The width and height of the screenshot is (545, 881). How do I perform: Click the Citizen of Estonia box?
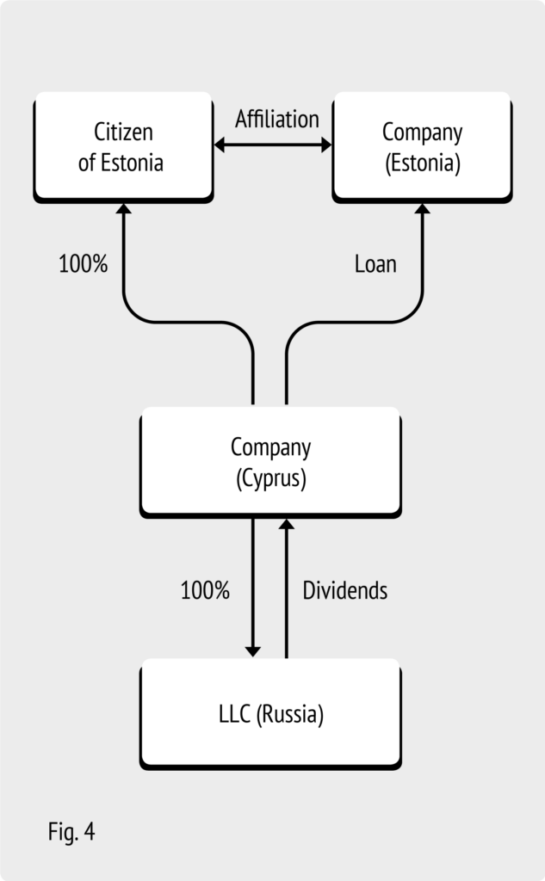coord(123,147)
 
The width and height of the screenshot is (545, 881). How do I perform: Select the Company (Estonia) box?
coord(422,147)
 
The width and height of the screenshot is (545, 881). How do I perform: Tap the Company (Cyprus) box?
coord(270,462)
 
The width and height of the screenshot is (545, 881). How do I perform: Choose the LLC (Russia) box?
coord(270,713)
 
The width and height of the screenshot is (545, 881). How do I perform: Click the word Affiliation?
coord(276,119)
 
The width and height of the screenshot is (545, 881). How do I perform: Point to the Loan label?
coord(375,263)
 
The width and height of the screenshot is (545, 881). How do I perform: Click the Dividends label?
coord(344,590)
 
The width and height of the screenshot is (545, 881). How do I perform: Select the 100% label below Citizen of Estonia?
coord(84,263)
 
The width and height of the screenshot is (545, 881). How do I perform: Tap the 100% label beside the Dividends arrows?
coord(205,590)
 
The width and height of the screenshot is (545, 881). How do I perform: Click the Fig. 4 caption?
coord(71,832)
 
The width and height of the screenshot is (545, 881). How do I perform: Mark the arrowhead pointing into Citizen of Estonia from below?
coord(124,208)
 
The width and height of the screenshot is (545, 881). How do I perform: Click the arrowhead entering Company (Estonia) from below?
coord(423,208)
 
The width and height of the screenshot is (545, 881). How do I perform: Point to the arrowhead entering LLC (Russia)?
coord(253,652)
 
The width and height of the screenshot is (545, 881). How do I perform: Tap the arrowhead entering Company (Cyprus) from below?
coord(287,524)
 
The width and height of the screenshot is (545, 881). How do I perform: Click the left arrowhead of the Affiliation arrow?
coord(220,145)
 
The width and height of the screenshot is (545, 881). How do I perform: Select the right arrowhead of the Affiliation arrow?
coord(326,145)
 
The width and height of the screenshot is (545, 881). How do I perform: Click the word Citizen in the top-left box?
coord(123,132)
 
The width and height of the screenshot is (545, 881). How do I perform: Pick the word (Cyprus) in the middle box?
coord(271,478)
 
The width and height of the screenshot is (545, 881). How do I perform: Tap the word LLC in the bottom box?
coord(234,714)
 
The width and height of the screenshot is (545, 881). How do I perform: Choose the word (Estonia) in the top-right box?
coord(423,163)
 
